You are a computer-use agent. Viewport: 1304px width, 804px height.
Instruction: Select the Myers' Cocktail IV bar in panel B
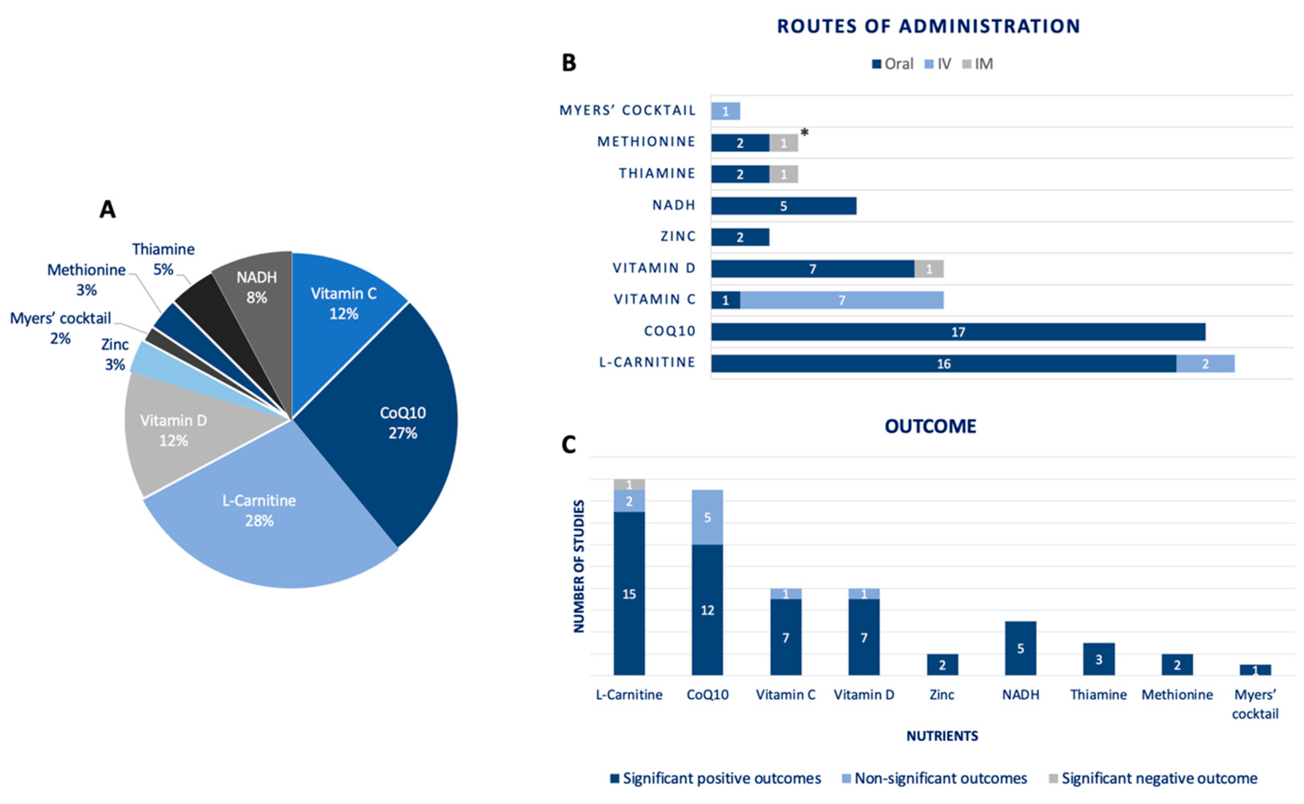(725, 112)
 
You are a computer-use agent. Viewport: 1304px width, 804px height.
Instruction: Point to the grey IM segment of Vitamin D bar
(929, 269)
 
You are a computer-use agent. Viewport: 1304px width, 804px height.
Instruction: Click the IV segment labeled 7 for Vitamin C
(842, 300)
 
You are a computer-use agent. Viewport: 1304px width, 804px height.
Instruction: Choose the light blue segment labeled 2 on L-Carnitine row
(1205, 364)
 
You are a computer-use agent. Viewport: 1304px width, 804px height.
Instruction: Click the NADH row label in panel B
(674, 205)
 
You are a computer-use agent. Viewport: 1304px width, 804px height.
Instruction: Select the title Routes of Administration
(928, 27)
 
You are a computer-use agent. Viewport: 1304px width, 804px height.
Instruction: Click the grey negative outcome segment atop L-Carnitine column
(629, 484)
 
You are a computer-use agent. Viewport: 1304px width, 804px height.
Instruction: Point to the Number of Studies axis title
(579, 566)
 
